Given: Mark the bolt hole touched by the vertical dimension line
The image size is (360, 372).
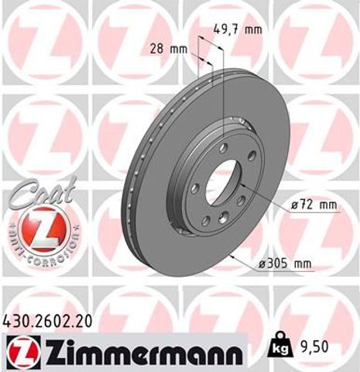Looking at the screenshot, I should (x=223, y=148).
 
